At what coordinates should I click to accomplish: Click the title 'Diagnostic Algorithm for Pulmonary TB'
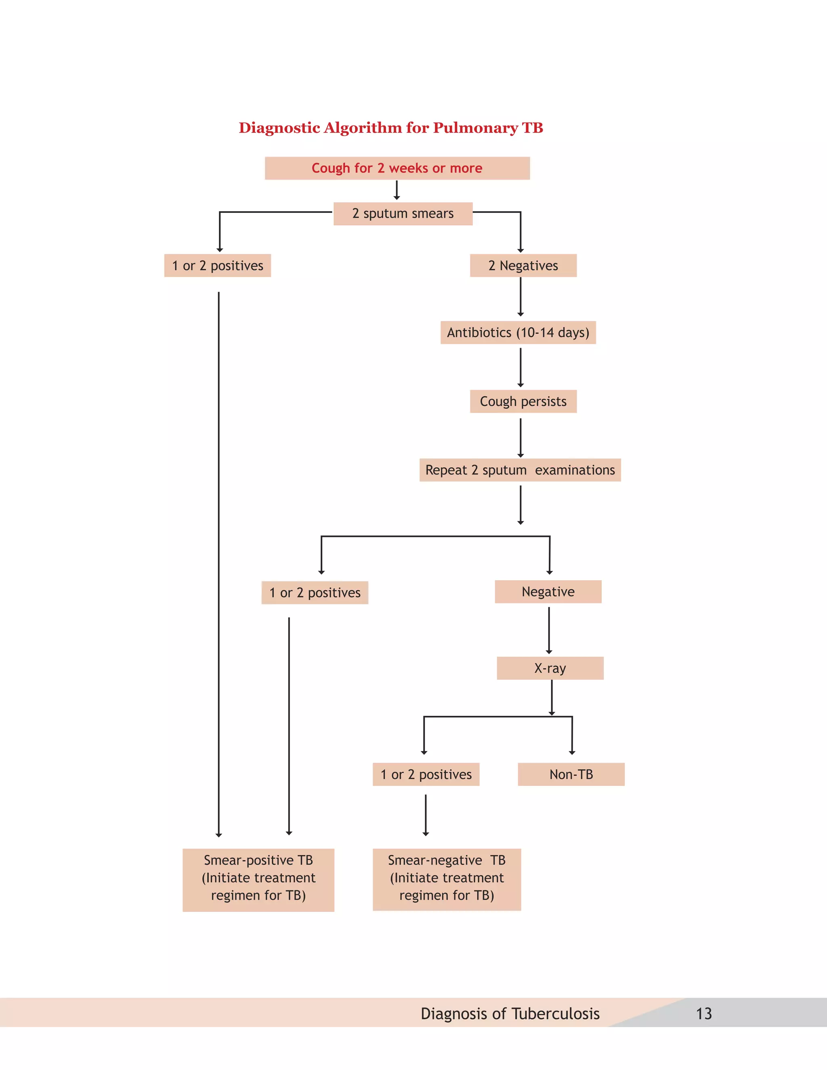click(x=390, y=128)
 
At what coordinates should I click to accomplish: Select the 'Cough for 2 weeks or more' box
click(x=397, y=168)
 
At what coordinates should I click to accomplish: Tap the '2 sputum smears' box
click(x=403, y=214)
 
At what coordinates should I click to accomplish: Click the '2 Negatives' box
click(x=523, y=266)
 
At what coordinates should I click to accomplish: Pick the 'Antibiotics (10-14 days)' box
click(x=518, y=333)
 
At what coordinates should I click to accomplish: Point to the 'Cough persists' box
click(x=523, y=401)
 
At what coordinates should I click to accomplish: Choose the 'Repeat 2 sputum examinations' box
click(x=520, y=470)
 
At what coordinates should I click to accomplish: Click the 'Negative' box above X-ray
click(x=548, y=592)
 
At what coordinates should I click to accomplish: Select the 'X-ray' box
click(x=550, y=668)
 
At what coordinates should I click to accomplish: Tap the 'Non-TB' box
click(x=571, y=774)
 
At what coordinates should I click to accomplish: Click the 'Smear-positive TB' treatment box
click(x=258, y=880)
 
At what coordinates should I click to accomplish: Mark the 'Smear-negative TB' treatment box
click(x=446, y=880)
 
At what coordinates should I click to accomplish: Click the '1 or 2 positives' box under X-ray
click(x=426, y=774)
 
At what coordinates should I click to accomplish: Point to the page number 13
click(x=703, y=1013)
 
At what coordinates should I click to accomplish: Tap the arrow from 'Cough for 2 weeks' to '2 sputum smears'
click(x=397, y=190)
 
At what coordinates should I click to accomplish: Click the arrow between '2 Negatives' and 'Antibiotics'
click(x=520, y=297)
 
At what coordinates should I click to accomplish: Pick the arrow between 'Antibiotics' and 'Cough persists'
click(x=520, y=367)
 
